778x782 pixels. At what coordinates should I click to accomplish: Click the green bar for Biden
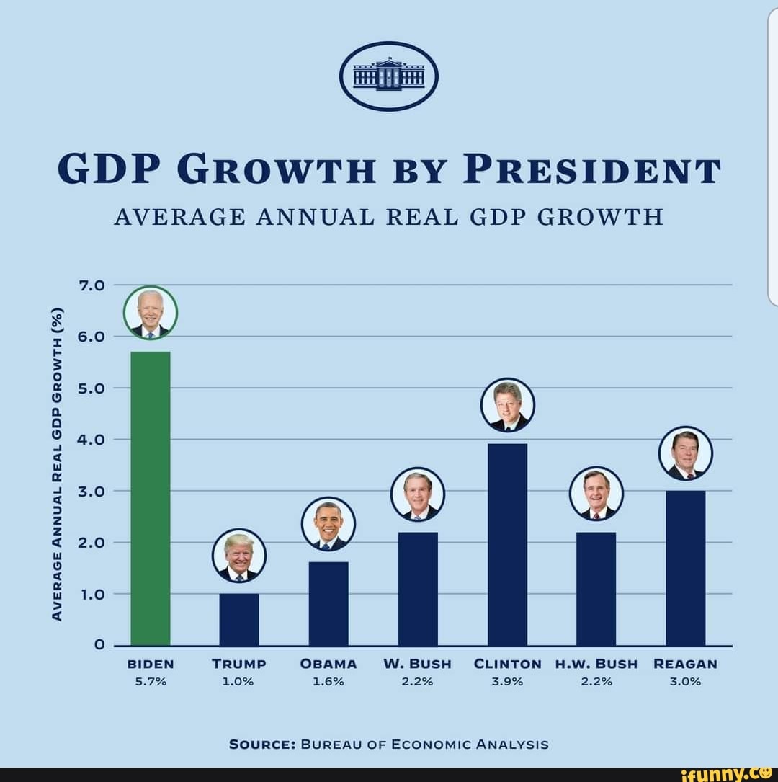151,497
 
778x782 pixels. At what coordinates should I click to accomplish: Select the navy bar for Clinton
507,544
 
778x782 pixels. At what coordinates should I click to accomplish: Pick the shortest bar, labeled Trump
239,619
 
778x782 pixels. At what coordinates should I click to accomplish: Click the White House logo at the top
389,76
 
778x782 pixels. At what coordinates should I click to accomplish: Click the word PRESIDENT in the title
591,171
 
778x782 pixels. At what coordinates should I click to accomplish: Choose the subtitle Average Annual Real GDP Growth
388,216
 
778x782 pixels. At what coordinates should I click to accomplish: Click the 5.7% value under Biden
151,681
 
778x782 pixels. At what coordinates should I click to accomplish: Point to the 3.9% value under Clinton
507,681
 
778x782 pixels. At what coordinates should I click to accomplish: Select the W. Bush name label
418,664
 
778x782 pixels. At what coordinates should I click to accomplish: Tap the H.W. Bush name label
596,664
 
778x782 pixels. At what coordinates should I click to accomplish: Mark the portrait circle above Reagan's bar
685,453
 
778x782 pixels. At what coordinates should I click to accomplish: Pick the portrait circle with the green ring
151,313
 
